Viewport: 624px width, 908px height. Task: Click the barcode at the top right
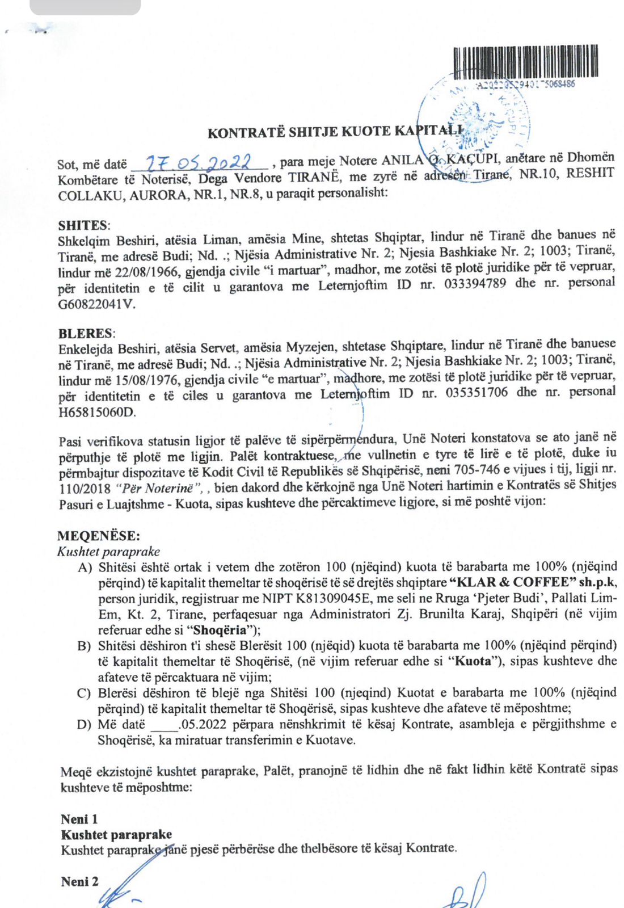point(526,61)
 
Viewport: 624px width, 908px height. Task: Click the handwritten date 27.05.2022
point(199,163)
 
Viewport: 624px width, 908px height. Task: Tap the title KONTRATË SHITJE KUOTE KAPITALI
point(335,132)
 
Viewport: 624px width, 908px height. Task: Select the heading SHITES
point(84,225)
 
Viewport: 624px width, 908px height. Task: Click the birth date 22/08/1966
point(146,271)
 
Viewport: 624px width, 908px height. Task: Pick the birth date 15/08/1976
point(146,379)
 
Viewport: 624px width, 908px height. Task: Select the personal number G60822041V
point(97,304)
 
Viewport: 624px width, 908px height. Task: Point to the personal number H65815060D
point(97,411)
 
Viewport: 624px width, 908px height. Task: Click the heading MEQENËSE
point(98,536)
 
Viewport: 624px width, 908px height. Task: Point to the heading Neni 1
point(79,819)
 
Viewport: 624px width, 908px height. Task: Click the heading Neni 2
point(80,881)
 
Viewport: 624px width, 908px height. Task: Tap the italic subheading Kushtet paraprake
point(108,552)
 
